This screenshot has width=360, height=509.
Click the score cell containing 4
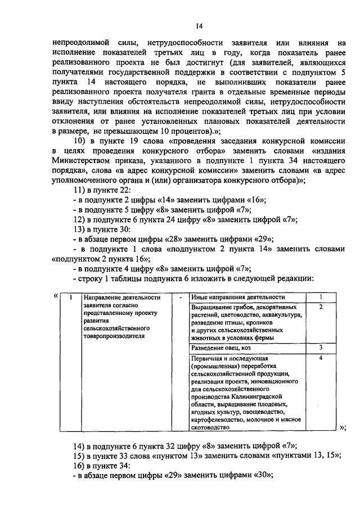(x=320, y=358)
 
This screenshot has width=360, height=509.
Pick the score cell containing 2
(x=320, y=307)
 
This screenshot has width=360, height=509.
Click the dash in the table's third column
(x=180, y=298)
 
